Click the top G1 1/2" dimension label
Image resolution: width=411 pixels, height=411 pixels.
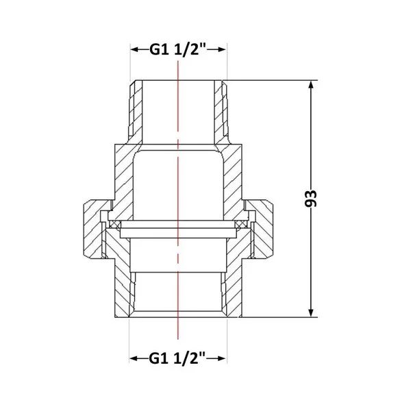click(178, 49)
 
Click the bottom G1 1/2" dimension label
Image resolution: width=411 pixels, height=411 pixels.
click(177, 358)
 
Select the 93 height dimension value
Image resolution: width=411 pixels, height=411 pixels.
click(311, 199)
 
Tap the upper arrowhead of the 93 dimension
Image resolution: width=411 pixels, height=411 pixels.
click(311, 85)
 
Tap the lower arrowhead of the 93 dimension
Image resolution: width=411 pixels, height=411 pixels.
click(311, 312)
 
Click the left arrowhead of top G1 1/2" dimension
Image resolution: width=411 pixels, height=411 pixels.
click(135, 49)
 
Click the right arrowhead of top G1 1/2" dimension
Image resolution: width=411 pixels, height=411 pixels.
click(221, 49)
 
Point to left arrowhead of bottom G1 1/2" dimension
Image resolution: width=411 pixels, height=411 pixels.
click(134, 358)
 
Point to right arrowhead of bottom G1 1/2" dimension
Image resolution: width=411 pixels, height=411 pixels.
click(221, 358)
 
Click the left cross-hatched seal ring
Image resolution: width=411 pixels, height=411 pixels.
click(115, 225)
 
